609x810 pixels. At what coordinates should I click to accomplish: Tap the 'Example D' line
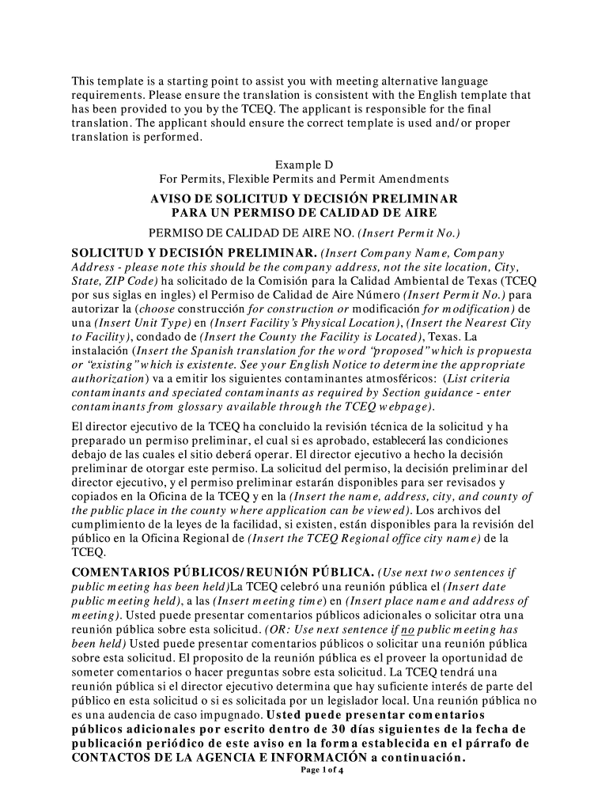[304, 165]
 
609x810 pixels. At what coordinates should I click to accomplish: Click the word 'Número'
[374, 296]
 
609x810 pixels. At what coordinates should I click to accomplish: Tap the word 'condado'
[156, 339]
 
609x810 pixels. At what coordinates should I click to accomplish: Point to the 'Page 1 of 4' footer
[304, 770]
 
